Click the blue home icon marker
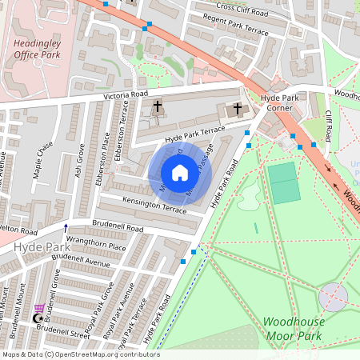[179, 172]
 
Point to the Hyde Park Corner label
[279, 102]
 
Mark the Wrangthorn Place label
[96, 248]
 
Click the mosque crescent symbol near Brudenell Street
[35, 318]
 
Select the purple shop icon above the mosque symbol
[38, 307]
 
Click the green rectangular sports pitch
[283, 183]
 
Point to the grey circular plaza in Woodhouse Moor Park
[334, 298]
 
